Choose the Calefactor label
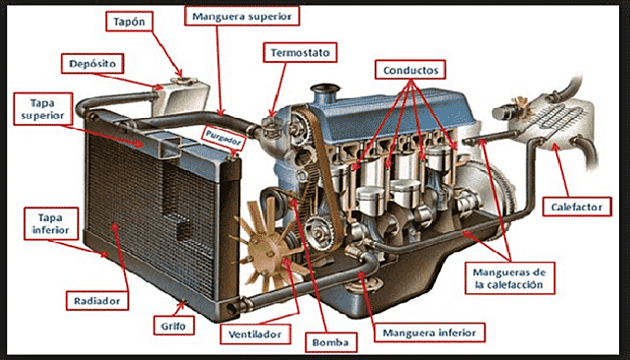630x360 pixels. pyautogui.click(x=573, y=207)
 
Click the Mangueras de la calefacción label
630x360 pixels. pyautogui.click(x=508, y=278)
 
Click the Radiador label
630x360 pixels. pyautogui.click(x=96, y=299)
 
